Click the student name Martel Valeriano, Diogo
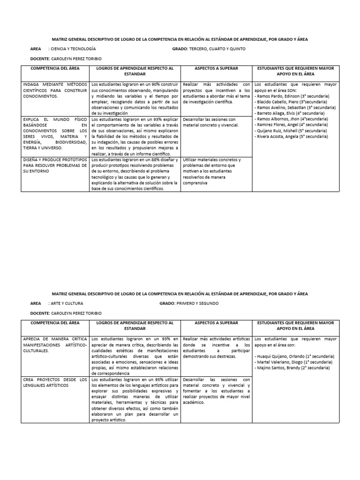point(282,362)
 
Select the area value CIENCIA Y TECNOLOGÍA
point(74,49)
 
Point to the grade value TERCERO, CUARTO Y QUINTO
point(217,49)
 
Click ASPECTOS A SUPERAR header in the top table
point(216,68)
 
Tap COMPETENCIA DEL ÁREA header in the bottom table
point(55,322)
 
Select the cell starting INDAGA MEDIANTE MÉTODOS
point(55,90)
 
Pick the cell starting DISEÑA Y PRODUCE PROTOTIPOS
point(55,165)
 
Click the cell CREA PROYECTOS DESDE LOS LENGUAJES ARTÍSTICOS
point(55,382)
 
